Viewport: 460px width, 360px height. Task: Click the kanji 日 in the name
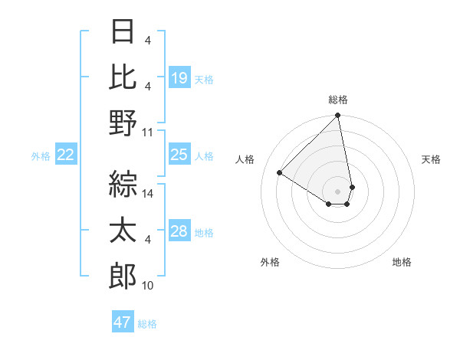coord(123,31)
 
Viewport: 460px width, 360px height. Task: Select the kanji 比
coord(123,76)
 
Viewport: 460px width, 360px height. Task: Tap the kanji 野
coord(123,122)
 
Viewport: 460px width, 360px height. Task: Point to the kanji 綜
coord(123,182)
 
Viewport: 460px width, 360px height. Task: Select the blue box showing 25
coord(179,155)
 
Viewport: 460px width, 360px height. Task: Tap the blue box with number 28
coord(179,231)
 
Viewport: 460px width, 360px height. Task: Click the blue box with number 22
coord(66,155)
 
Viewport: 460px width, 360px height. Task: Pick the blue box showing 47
coord(123,322)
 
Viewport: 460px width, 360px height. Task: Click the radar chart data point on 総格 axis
coord(337,116)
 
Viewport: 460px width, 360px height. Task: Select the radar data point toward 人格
coord(280,173)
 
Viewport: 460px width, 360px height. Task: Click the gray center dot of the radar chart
coord(337,191)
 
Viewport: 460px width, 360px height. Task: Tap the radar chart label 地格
coord(402,262)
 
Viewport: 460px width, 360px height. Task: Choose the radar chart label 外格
coord(270,262)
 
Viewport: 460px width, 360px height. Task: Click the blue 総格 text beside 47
coord(147,324)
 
